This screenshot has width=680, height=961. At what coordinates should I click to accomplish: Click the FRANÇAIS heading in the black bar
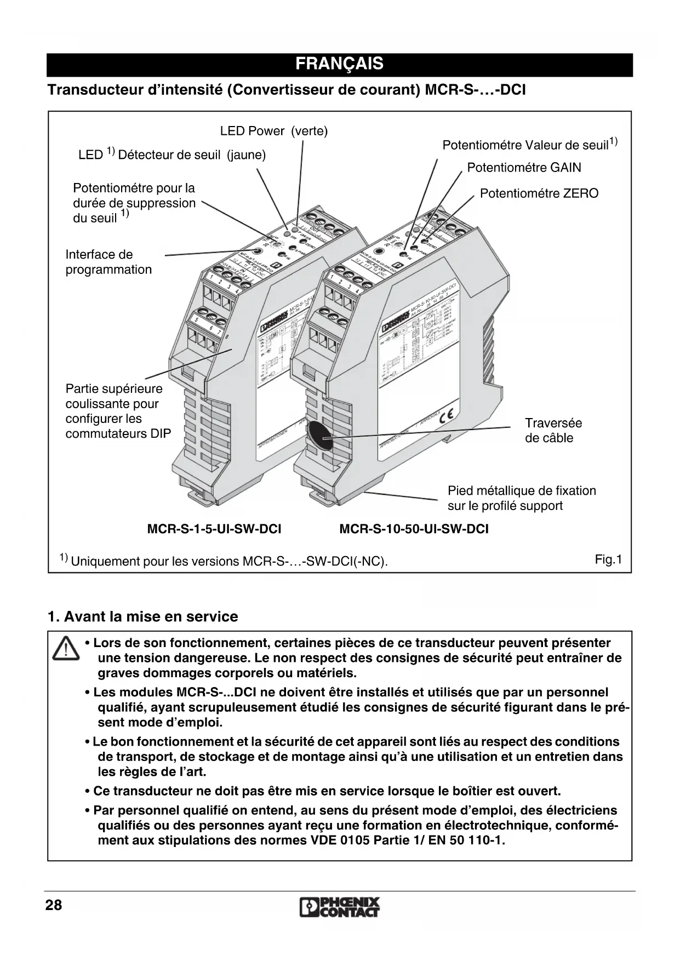pyautogui.click(x=339, y=64)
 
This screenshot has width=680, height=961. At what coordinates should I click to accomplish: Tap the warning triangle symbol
pyautogui.click(x=65, y=649)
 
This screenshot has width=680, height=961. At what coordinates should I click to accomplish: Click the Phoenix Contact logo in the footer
pyautogui.click(x=340, y=907)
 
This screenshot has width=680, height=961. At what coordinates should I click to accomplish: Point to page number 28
pyautogui.click(x=54, y=905)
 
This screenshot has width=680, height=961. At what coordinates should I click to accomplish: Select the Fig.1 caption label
pyautogui.click(x=608, y=559)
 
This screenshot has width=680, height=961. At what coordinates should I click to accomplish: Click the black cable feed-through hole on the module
pyautogui.click(x=318, y=436)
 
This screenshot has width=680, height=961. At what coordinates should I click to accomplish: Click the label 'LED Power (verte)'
pyautogui.click(x=273, y=131)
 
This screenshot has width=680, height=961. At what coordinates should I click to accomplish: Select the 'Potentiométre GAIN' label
pyautogui.click(x=524, y=168)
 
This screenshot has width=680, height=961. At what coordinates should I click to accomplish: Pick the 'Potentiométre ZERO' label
pyautogui.click(x=539, y=193)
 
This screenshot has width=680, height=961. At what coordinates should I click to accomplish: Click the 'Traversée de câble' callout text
pyautogui.click(x=553, y=430)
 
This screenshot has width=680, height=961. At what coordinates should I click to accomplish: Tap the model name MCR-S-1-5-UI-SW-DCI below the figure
pyautogui.click(x=214, y=529)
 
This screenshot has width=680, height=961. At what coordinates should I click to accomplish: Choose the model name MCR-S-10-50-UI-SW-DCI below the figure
pyautogui.click(x=414, y=529)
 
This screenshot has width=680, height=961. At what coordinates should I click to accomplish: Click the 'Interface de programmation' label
pyautogui.click(x=108, y=262)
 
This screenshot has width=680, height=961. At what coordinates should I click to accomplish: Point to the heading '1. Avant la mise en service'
pyautogui.click(x=143, y=616)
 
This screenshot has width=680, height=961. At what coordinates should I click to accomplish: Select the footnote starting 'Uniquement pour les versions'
pyautogui.click(x=229, y=561)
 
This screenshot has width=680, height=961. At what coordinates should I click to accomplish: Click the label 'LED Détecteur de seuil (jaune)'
pyautogui.click(x=172, y=155)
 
